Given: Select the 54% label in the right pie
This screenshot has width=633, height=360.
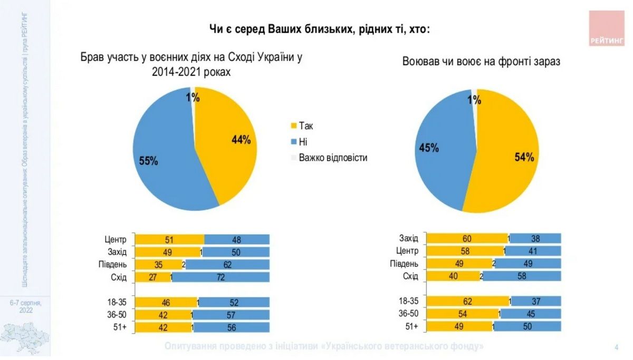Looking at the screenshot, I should point(524,157).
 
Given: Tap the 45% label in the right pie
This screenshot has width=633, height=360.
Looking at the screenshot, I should point(429,148).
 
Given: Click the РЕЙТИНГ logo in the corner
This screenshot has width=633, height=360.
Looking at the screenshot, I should point(606,28).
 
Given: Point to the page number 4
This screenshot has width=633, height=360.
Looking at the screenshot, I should point(617,347).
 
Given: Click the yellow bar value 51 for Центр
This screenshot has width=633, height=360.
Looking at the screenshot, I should point(169,240).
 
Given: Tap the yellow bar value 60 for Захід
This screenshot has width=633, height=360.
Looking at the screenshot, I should point(467,239).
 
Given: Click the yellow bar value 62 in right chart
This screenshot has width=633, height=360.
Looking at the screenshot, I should point(467,302).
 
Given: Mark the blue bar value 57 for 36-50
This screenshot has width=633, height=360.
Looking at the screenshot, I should point(232,315).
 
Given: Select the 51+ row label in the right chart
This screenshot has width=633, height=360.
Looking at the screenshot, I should point(411,327).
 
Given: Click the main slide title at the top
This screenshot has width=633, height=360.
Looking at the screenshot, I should point(320,30).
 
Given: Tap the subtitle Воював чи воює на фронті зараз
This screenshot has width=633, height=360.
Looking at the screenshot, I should point(481,62).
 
